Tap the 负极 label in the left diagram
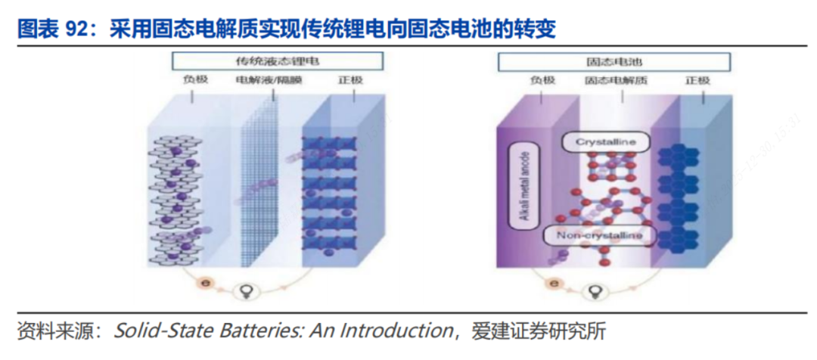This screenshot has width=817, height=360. click(194, 80)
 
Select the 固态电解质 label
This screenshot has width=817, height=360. click(617, 80)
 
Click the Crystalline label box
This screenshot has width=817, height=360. click(604, 142)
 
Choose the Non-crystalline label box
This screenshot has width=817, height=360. click(600, 236)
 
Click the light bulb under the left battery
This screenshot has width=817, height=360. click(245, 290)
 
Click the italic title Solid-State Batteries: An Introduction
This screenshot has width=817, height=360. click(282, 331)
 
